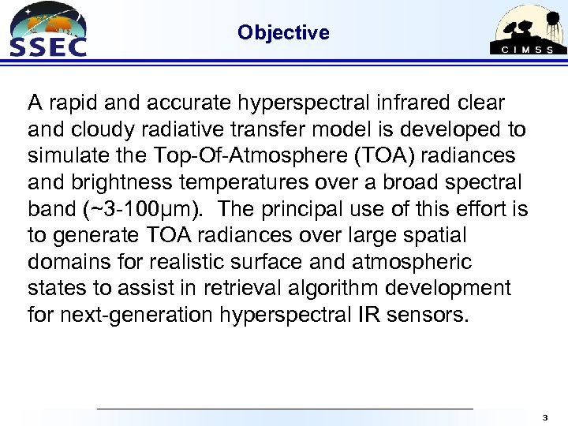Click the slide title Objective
point(283,32)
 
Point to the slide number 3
point(544,416)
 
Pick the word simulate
point(62,156)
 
